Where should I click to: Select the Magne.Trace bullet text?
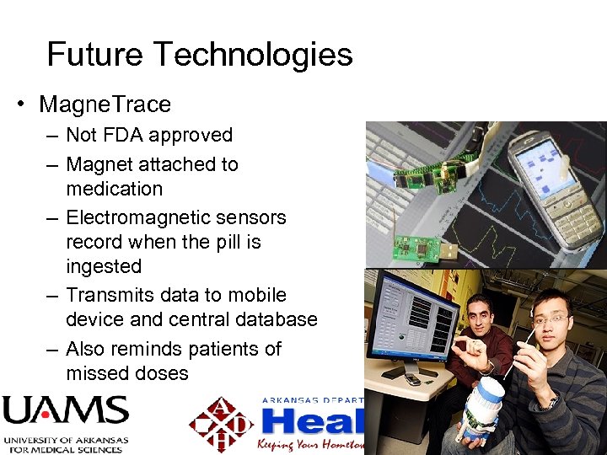(105, 104)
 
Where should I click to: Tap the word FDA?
(129, 135)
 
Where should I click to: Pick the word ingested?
(104, 266)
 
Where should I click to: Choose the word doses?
(159, 373)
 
